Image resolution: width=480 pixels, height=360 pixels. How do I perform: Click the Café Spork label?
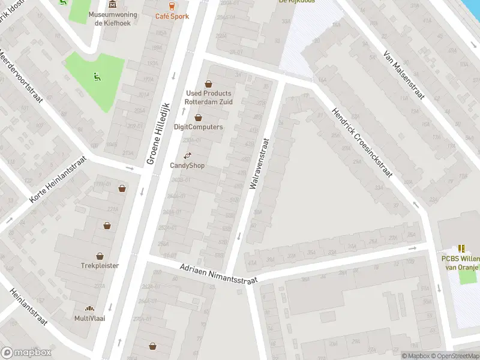(x=172, y=16)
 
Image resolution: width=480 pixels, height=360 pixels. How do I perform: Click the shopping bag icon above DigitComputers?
(x=198, y=118)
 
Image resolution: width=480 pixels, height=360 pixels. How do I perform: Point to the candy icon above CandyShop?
(x=187, y=156)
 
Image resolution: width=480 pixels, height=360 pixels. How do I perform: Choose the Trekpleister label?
(x=100, y=265)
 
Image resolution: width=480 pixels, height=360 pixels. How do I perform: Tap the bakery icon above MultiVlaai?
(x=89, y=308)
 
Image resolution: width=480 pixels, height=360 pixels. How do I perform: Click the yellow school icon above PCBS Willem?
(x=461, y=248)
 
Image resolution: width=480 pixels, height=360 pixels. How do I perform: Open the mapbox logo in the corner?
(x=26, y=353)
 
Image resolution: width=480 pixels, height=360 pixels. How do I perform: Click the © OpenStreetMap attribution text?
(x=454, y=356)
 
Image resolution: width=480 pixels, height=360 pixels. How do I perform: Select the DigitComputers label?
(x=198, y=127)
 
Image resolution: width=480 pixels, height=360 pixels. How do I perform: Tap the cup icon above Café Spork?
(x=172, y=6)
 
